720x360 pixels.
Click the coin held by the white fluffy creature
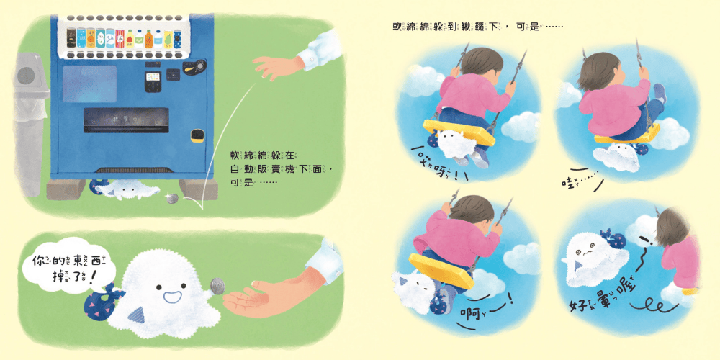tap(214, 286)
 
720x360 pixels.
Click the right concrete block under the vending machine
tap(193, 189)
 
